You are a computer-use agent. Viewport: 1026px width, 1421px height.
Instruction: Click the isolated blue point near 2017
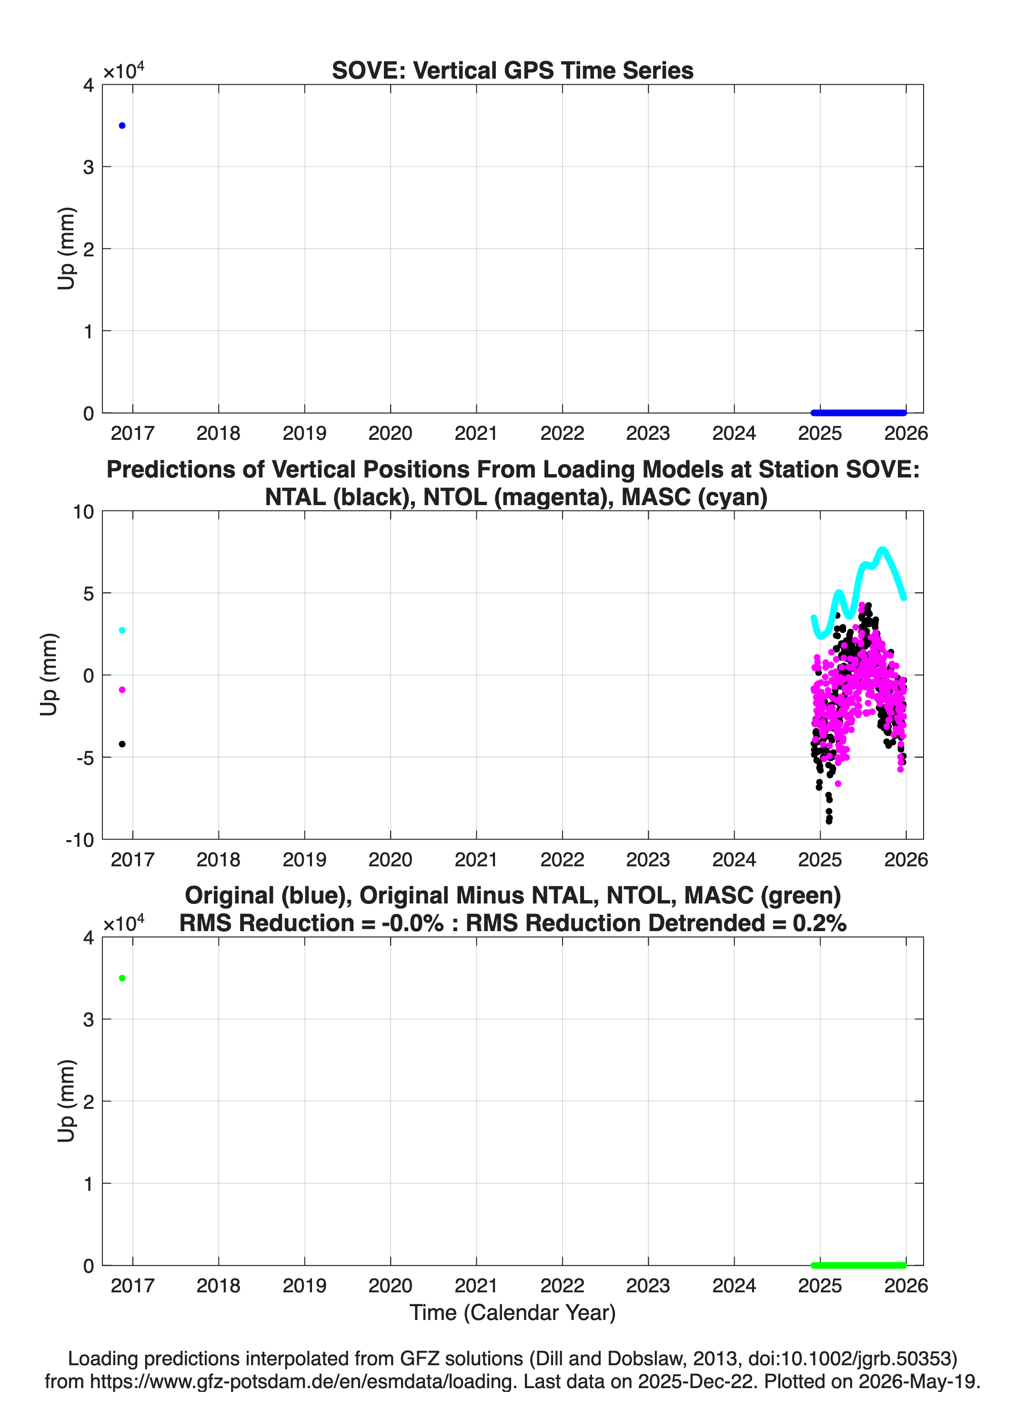tap(122, 126)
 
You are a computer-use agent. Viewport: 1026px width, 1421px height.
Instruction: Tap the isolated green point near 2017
tap(122, 978)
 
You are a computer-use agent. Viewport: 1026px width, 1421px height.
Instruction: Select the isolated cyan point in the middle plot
tap(122, 630)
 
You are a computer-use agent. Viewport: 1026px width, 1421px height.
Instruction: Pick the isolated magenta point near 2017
tap(122, 690)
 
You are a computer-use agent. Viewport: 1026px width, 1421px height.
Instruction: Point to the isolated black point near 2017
tap(122, 744)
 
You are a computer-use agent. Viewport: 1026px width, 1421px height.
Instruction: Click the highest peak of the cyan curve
tap(883, 550)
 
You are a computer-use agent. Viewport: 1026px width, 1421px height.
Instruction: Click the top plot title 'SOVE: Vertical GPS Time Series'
tap(513, 71)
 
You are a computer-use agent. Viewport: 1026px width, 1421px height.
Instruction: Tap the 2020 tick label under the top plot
tap(390, 433)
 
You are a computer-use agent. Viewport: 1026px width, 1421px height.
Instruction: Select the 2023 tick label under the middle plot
tap(648, 859)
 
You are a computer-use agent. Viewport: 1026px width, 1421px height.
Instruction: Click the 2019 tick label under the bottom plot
tap(304, 1286)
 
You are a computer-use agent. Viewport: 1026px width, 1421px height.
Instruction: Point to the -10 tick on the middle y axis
tap(80, 840)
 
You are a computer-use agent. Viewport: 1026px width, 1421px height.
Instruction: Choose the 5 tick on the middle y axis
tap(88, 593)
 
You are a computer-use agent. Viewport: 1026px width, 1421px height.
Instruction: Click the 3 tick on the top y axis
tap(88, 167)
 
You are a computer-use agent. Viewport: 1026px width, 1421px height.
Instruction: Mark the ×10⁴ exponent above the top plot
tap(123, 70)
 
